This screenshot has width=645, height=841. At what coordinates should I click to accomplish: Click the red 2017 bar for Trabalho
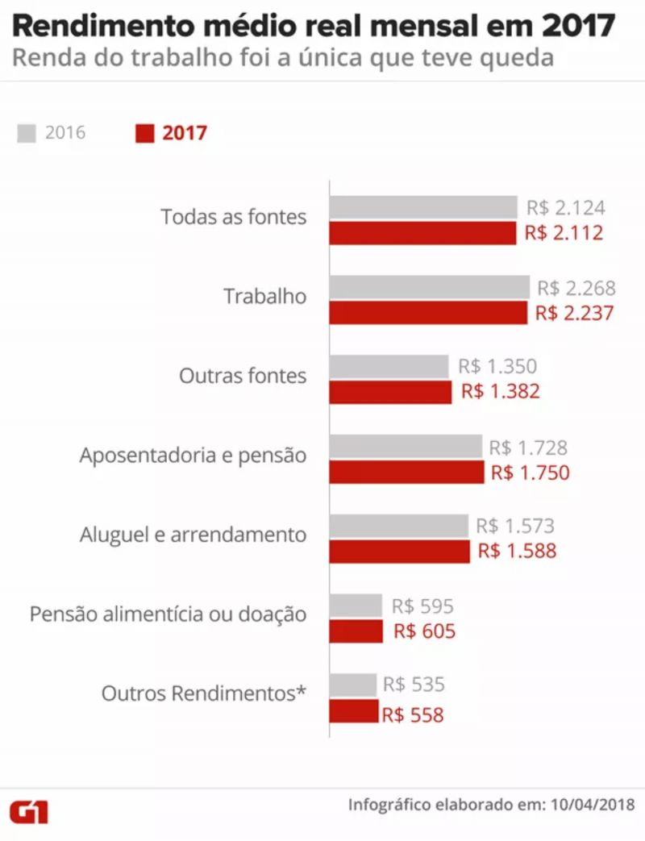tap(428, 313)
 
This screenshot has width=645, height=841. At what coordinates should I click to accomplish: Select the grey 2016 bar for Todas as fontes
tap(423, 207)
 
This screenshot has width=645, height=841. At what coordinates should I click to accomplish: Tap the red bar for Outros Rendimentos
tap(354, 712)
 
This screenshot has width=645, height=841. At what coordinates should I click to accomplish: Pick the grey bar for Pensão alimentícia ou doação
tap(356, 606)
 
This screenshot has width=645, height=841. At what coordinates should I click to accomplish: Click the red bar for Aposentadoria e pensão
tap(407, 473)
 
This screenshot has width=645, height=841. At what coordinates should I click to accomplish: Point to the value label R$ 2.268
tap(576, 288)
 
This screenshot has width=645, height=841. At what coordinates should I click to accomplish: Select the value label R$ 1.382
tap(501, 393)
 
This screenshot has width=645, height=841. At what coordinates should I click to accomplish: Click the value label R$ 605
tap(425, 631)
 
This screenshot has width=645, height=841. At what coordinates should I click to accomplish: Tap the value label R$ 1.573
tap(515, 527)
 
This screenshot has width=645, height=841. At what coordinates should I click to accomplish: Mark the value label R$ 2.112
tap(564, 234)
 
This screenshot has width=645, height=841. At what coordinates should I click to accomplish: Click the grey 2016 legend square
tap(27, 133)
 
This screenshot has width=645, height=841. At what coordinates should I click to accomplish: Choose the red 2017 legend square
tap(144, 133)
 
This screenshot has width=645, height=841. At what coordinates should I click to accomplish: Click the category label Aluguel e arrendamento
tap(193, 535)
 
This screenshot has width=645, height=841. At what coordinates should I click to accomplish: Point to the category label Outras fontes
tap(243, 376)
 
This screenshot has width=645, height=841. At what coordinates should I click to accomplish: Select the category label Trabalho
tap(265, 296)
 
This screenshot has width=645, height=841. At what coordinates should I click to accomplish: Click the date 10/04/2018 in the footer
tap(593, 805)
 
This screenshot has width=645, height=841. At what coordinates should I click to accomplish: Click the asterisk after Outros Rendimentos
tap(302, 691)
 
